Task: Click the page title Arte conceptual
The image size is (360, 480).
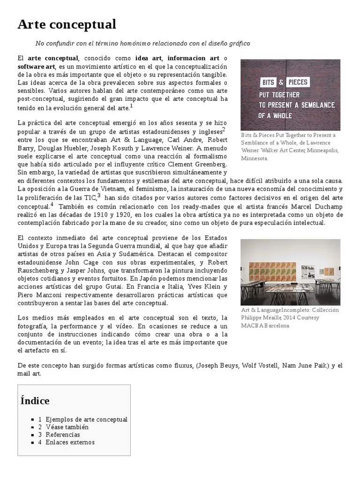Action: coord(67,24)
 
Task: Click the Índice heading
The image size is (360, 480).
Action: coord(35,400)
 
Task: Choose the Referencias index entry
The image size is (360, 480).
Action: coord(63,435)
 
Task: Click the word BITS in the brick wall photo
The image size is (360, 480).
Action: coord(269,83)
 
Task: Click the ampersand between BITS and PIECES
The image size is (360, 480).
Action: coord(281,83)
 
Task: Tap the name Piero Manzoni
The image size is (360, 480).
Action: coord(38,294)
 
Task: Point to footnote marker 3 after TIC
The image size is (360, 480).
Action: coord(99,196)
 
